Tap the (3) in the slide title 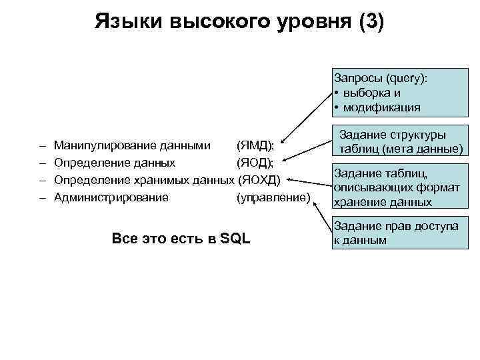pos(371,21)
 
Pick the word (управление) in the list pos(273,197)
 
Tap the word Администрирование pos(111,197)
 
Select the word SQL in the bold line pos(235,238)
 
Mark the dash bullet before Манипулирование pos(41,145)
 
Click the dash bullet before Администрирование pos(41,197)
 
